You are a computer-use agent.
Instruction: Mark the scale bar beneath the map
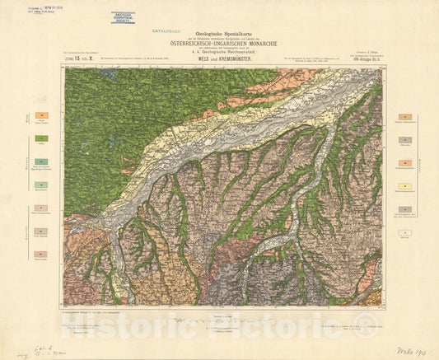point(218,320)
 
